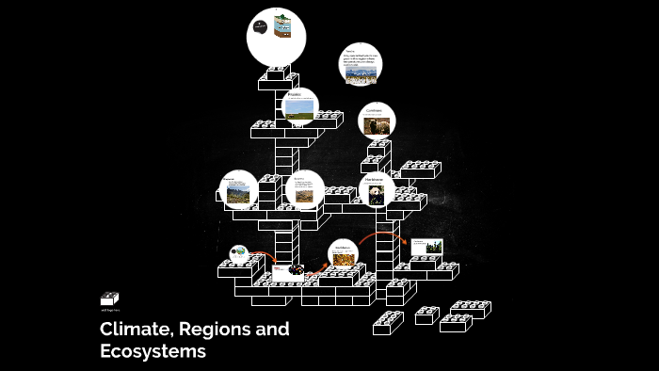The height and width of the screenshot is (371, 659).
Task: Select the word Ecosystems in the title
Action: pyautogui.click(x=153, y=351)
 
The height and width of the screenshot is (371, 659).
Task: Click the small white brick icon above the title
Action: pyautogui.click(x=110, y=298)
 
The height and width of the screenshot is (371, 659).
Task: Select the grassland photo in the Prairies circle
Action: pyautogui.click(x=299, y=110)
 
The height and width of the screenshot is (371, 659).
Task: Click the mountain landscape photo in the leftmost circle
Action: pyautogui.click(x=237, y=193)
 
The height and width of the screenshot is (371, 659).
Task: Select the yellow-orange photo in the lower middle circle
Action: pyautogui.click(x=343, y=258)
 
